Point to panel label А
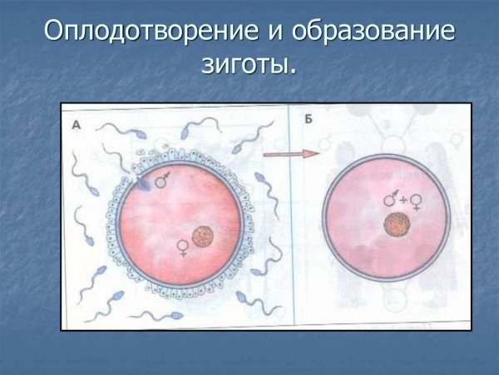[77, 122]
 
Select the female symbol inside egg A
[182, 246]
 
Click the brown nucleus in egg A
[203, 237]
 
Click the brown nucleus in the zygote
[397, 225]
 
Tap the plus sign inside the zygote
[402, 200]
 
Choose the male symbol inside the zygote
[389, 199]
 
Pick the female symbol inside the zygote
[415, 201]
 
